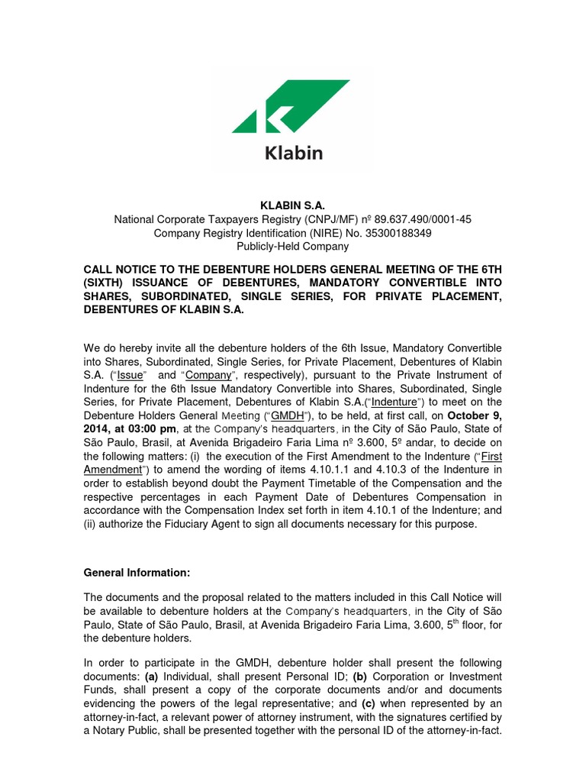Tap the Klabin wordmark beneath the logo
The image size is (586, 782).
tap(294, 152)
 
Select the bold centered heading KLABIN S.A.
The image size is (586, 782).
tap(293, 205)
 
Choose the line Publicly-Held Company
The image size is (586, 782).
tap(293, 247)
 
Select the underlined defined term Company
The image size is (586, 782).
tap(208, 375)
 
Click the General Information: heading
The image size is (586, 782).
tap(136, 572)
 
